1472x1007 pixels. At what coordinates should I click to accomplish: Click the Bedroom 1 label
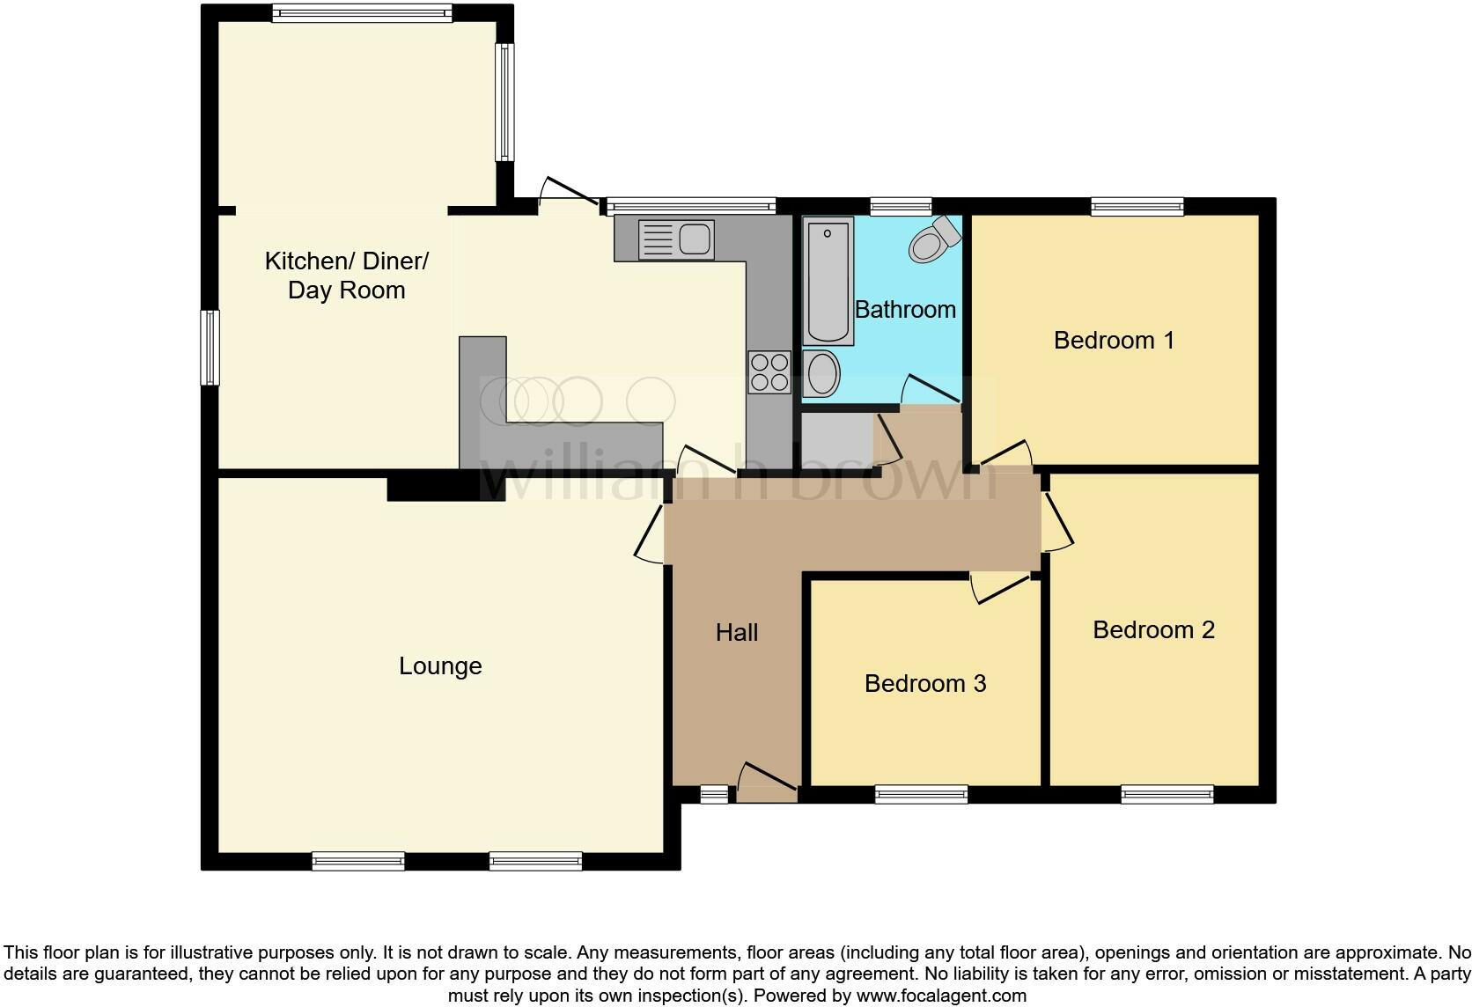[x=1114, y=340]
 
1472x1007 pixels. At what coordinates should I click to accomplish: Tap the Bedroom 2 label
[x=1153, y=629]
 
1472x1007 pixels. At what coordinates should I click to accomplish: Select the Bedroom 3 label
[x=924, y=683]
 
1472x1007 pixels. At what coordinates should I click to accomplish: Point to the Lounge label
[x=440, y=665]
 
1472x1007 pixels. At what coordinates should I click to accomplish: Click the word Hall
[x=737, y=632]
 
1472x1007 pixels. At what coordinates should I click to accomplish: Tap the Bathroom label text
[x=905, y=309]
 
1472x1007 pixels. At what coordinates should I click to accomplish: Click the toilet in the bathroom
[x=934, y=239]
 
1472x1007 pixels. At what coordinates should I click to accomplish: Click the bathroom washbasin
[x=822, y=373]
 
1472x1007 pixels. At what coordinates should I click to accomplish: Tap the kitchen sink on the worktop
[x=676, y=239]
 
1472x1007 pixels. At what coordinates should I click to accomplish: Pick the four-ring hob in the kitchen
[x=769, y=371]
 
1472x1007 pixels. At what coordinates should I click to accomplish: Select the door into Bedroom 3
[x=1000, y=588]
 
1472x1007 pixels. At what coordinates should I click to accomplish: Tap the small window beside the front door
[x=714, y=795]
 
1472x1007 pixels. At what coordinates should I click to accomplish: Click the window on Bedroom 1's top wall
[x=1137, y=207]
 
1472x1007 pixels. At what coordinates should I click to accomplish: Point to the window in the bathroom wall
[x=900, y=207]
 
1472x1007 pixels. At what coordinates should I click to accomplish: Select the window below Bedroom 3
[x=921, y=795]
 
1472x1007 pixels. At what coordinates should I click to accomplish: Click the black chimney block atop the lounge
[x=445, y=488]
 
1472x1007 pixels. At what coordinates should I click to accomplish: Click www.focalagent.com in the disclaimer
[x=940, y=996]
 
